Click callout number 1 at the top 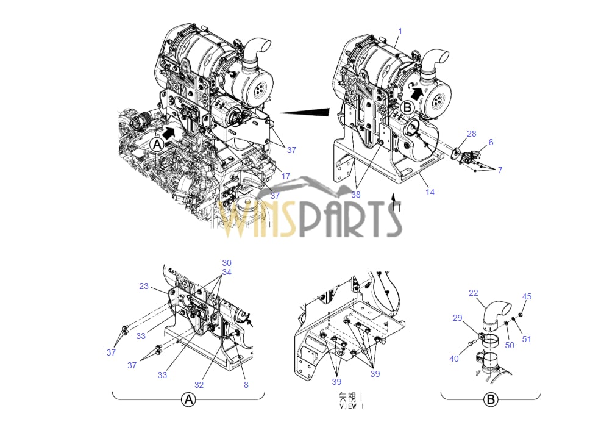[400, 30]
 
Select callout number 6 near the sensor [491, 142]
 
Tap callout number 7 [500, 170]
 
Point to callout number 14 [430, 192]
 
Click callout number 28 [472, 134]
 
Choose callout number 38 [355, 195]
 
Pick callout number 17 [286, 177]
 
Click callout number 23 [144, 286]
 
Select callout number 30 [227, 263]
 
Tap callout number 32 [199, 385]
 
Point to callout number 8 [246, 385]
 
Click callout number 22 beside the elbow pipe [474, 293]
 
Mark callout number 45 [527, 297]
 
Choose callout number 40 [454, 359]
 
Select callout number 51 [527, 339]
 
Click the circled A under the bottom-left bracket [189, 400]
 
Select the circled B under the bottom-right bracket [491, 400]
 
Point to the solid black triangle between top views [305, 112]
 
